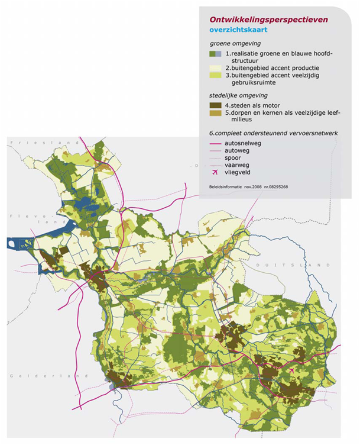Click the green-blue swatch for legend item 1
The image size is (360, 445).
(216, 54)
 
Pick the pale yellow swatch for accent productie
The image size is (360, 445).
(216, 68)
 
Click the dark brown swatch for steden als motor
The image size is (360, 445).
(216, 105)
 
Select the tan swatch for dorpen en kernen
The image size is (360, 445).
(216, 113)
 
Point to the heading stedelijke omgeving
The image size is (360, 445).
(238, 95)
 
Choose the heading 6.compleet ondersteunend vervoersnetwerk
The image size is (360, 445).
(273, 133)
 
